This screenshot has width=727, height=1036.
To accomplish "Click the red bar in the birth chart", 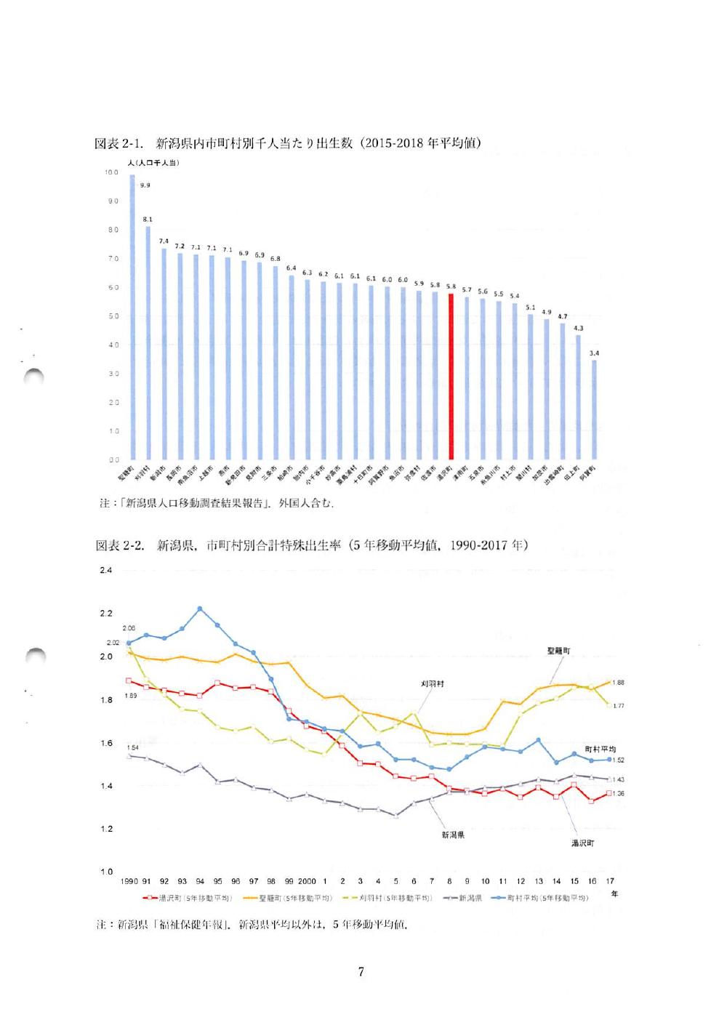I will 451,376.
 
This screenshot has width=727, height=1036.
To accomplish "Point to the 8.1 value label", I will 148,219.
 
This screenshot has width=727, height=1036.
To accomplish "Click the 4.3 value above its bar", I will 579,328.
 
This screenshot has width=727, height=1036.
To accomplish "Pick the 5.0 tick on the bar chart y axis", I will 113,316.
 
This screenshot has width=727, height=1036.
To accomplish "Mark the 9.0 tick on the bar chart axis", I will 113,201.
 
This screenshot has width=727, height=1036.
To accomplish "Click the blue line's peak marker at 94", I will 200,609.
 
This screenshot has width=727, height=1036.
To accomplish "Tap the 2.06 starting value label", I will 129,628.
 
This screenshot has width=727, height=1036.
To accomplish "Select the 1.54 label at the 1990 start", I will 132,747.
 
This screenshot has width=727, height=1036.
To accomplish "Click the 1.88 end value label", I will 618,683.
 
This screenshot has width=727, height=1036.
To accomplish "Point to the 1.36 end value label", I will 618,793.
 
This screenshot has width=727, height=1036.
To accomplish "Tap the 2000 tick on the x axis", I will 307,881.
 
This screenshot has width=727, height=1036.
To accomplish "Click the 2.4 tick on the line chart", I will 106,571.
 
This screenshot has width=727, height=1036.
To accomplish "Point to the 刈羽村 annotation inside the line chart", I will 433,684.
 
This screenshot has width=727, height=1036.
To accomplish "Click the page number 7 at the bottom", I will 361,972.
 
